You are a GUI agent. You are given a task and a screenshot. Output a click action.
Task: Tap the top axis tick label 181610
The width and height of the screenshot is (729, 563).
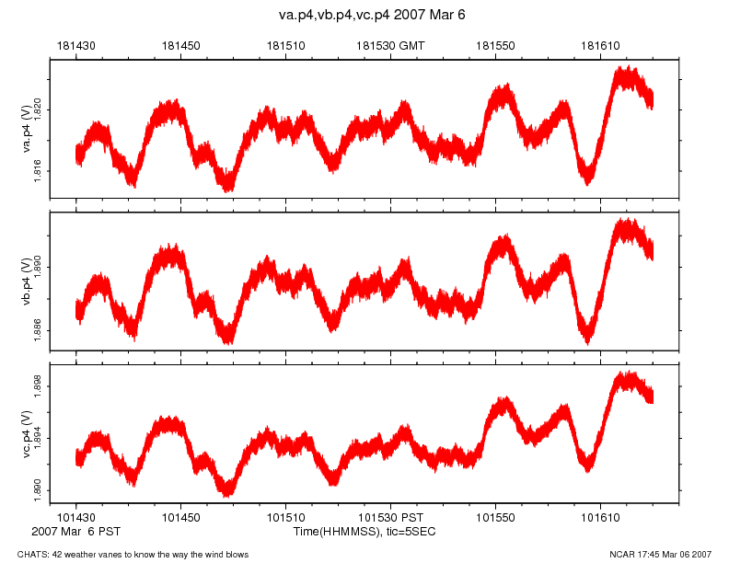(x=601, y=45)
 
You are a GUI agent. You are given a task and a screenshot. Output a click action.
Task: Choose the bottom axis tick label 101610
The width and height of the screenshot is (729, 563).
(x=601, y=519)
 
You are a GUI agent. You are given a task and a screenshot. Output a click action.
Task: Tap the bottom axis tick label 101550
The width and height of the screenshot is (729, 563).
(x=496, y=519)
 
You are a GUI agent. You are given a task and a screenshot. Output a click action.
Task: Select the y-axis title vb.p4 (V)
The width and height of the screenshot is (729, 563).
(x=28, y=281)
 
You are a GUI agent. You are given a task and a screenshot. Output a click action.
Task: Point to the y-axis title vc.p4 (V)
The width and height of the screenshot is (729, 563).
(x=28, y=433)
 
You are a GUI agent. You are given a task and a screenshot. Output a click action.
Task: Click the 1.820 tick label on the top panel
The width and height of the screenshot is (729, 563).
(x=38, y=110)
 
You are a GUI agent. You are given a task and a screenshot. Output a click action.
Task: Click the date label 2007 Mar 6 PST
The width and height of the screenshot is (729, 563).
(x=75, y=532)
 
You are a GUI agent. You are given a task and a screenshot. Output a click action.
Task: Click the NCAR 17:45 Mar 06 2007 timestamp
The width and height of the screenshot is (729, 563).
(x=660, y=554)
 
